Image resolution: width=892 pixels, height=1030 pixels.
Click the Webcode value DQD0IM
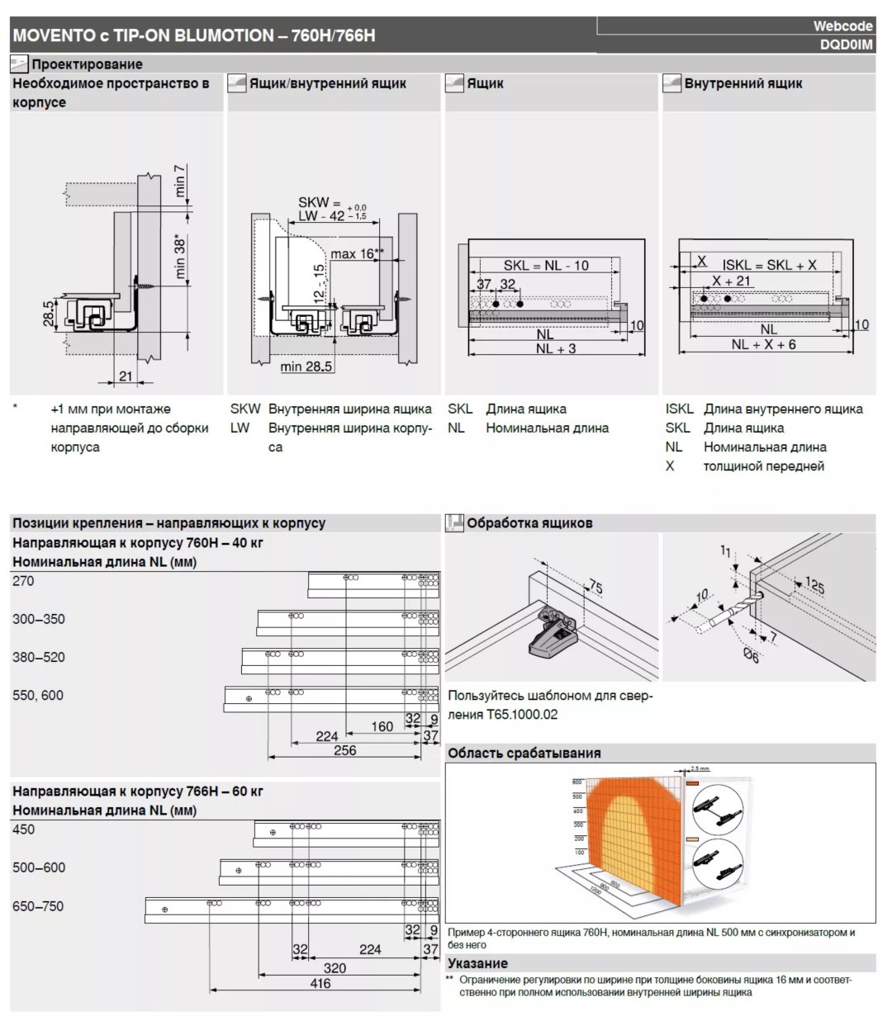pos(846,45)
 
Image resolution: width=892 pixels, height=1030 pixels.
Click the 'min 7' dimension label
pos(180,181)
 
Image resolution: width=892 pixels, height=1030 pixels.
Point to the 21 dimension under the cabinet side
pos(126,376)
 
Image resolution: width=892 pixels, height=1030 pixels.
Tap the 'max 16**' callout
pos(357,254)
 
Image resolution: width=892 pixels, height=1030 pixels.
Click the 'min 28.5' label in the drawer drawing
pos(306,366)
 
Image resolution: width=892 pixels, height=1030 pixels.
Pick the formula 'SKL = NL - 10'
pos(546,266)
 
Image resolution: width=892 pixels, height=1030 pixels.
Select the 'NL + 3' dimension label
pos(555,349)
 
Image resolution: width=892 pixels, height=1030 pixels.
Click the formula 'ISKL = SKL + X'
pos(769,265)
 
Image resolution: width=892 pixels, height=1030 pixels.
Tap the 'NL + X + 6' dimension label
pos(763,345)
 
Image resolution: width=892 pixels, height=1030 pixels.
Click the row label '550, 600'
pos(38,696)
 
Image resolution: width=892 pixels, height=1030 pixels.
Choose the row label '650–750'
pos(38,906)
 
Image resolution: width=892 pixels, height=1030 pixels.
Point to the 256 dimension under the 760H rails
pos(345,750)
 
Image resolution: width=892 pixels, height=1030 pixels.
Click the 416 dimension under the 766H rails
pos(320,983)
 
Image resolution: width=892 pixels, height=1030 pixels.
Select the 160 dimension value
pos(382,727)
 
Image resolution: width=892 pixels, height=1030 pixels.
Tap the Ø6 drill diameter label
pos(752,656)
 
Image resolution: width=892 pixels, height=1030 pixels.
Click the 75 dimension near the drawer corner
pos(595,588)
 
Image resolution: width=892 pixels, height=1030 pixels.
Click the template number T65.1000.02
pos(516,715)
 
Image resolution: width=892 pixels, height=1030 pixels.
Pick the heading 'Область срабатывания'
pos(524,753)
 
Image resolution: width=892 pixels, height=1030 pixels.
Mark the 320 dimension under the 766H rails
pos(334,967)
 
